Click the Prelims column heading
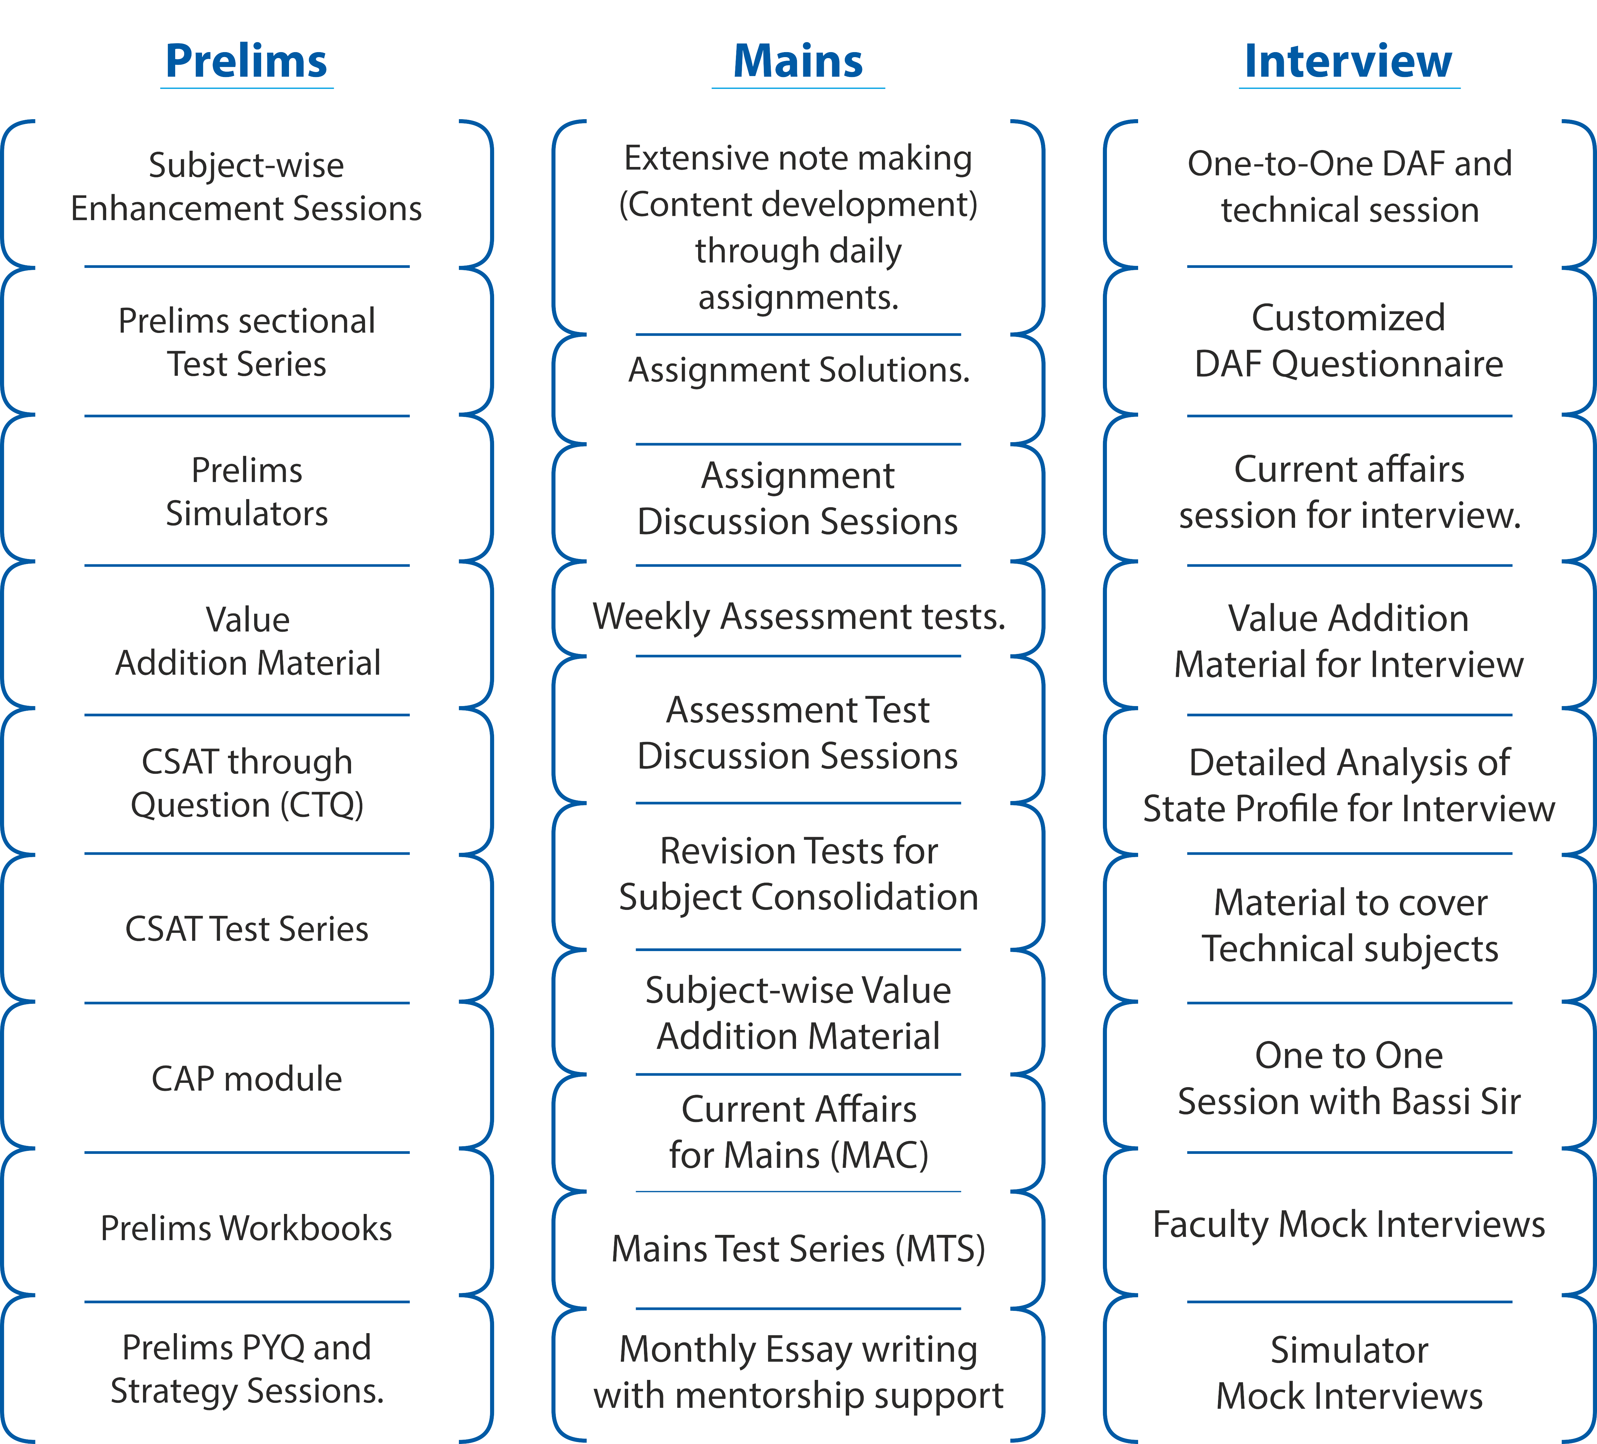(x=246, y=61)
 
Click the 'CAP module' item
(x=246, y=1079)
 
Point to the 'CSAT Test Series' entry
(x=246, y=929)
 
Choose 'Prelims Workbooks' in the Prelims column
(x=246, y=1228)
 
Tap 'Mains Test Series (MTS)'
(x=798, y=1249)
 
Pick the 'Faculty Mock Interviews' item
(x=1349, y=1225)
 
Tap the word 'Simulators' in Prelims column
(x=246, y=514)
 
